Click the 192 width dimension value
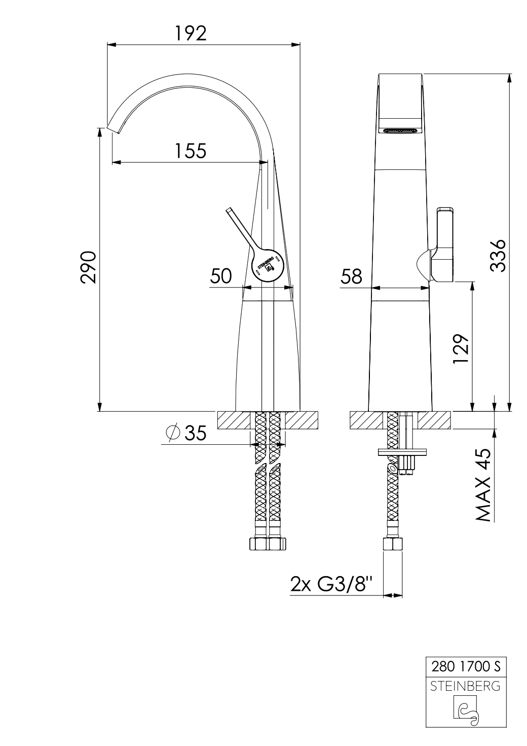click(191, 33)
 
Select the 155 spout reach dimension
click(191, 150)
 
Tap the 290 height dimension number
click(89, 267)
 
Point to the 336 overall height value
click(498, 256)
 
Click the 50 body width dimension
click(220, 276)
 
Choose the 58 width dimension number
click(351, 276)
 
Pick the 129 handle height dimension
click(461, 349)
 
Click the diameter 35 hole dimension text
click(186, 433)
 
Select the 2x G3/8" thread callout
click(331, 583)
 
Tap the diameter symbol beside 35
click(173, 433)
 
